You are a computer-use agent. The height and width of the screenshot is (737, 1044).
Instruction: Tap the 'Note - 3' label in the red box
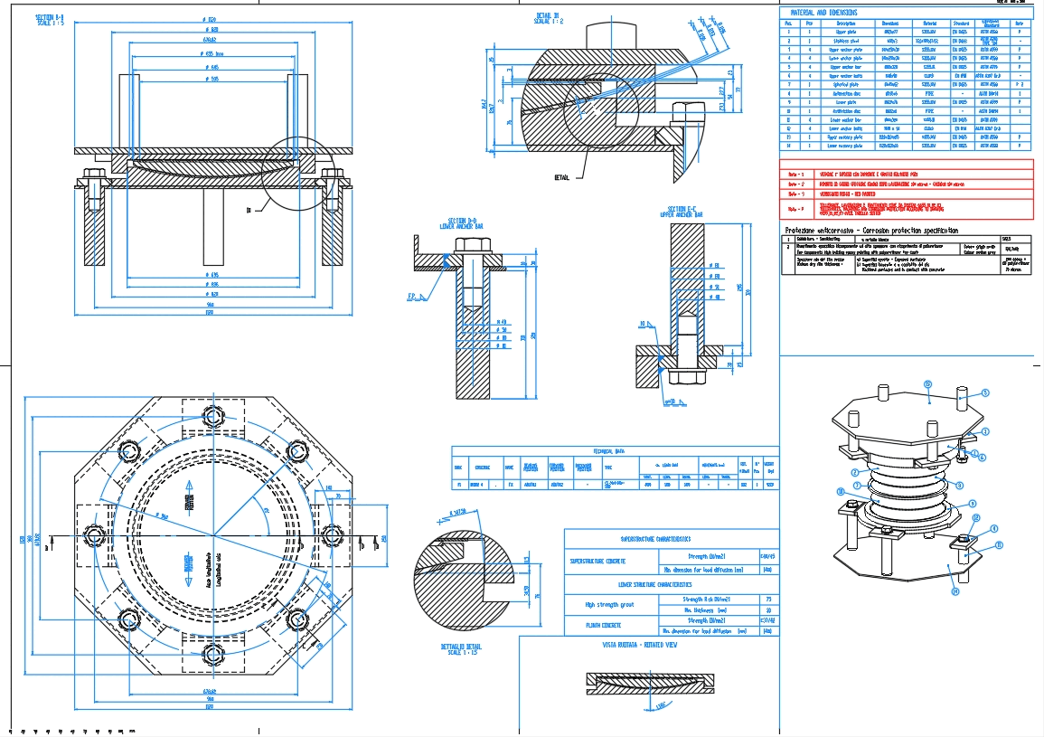[796, 194]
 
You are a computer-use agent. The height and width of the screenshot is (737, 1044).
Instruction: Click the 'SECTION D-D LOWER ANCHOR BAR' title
[462, 222]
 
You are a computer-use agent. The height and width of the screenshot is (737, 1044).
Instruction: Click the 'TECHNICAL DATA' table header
[614, 450]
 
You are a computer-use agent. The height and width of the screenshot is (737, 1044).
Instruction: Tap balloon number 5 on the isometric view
[985, 392]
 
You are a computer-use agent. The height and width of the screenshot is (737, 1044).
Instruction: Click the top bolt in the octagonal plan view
[214, 417]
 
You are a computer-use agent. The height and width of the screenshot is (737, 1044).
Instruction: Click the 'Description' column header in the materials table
[846, 24]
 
